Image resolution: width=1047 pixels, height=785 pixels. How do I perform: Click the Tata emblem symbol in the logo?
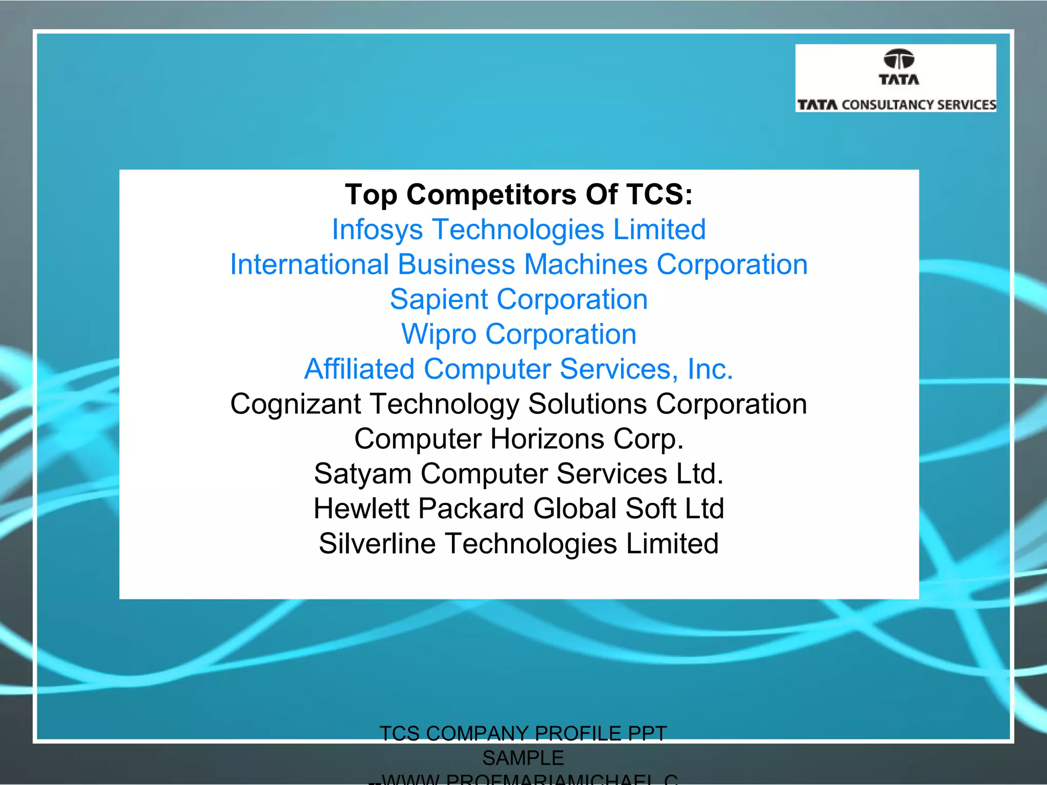click(x=899, y=59)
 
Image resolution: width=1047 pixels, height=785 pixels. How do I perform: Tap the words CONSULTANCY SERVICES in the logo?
click(x=919, y=105)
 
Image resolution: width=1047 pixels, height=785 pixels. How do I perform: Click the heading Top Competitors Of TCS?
click(x=519, y=195)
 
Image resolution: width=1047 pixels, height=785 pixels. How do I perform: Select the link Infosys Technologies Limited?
click(x=519, y=229)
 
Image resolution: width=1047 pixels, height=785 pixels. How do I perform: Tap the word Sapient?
click(x=439, y=299)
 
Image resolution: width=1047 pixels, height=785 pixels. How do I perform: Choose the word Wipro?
click(x=439, y=334)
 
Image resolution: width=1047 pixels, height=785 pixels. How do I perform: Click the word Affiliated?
click(x=359, y=369)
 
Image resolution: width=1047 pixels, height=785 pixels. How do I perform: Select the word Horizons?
click(x=547, y=439)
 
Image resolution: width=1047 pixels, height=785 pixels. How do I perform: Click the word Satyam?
click(x=362, y=474)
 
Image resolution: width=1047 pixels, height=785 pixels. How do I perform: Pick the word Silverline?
click(x=377, y=544)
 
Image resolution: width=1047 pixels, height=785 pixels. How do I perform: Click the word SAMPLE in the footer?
click(x=523, y=758)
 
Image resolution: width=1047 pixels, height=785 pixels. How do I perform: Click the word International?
click(x=309, y=265)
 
